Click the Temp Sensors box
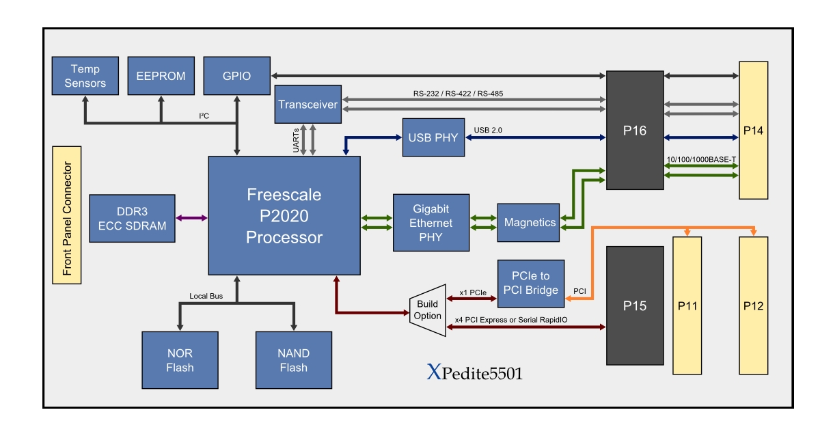click(85, 76)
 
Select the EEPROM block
click(161, 76)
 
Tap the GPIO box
click(236, 76)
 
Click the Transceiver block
click(307, 105)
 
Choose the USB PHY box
click(433, 137)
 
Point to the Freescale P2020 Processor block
click(284, 216)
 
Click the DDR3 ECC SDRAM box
click(132, 218)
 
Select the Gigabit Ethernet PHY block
click(432, 223)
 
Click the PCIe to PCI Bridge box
click(531, 283)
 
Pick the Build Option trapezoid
click(428, 311)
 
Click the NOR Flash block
click(180, 360)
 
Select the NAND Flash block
click(293, 360)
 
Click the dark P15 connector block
click(635, 305)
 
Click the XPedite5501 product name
click(476, 373)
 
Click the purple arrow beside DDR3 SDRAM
click(192, 218)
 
